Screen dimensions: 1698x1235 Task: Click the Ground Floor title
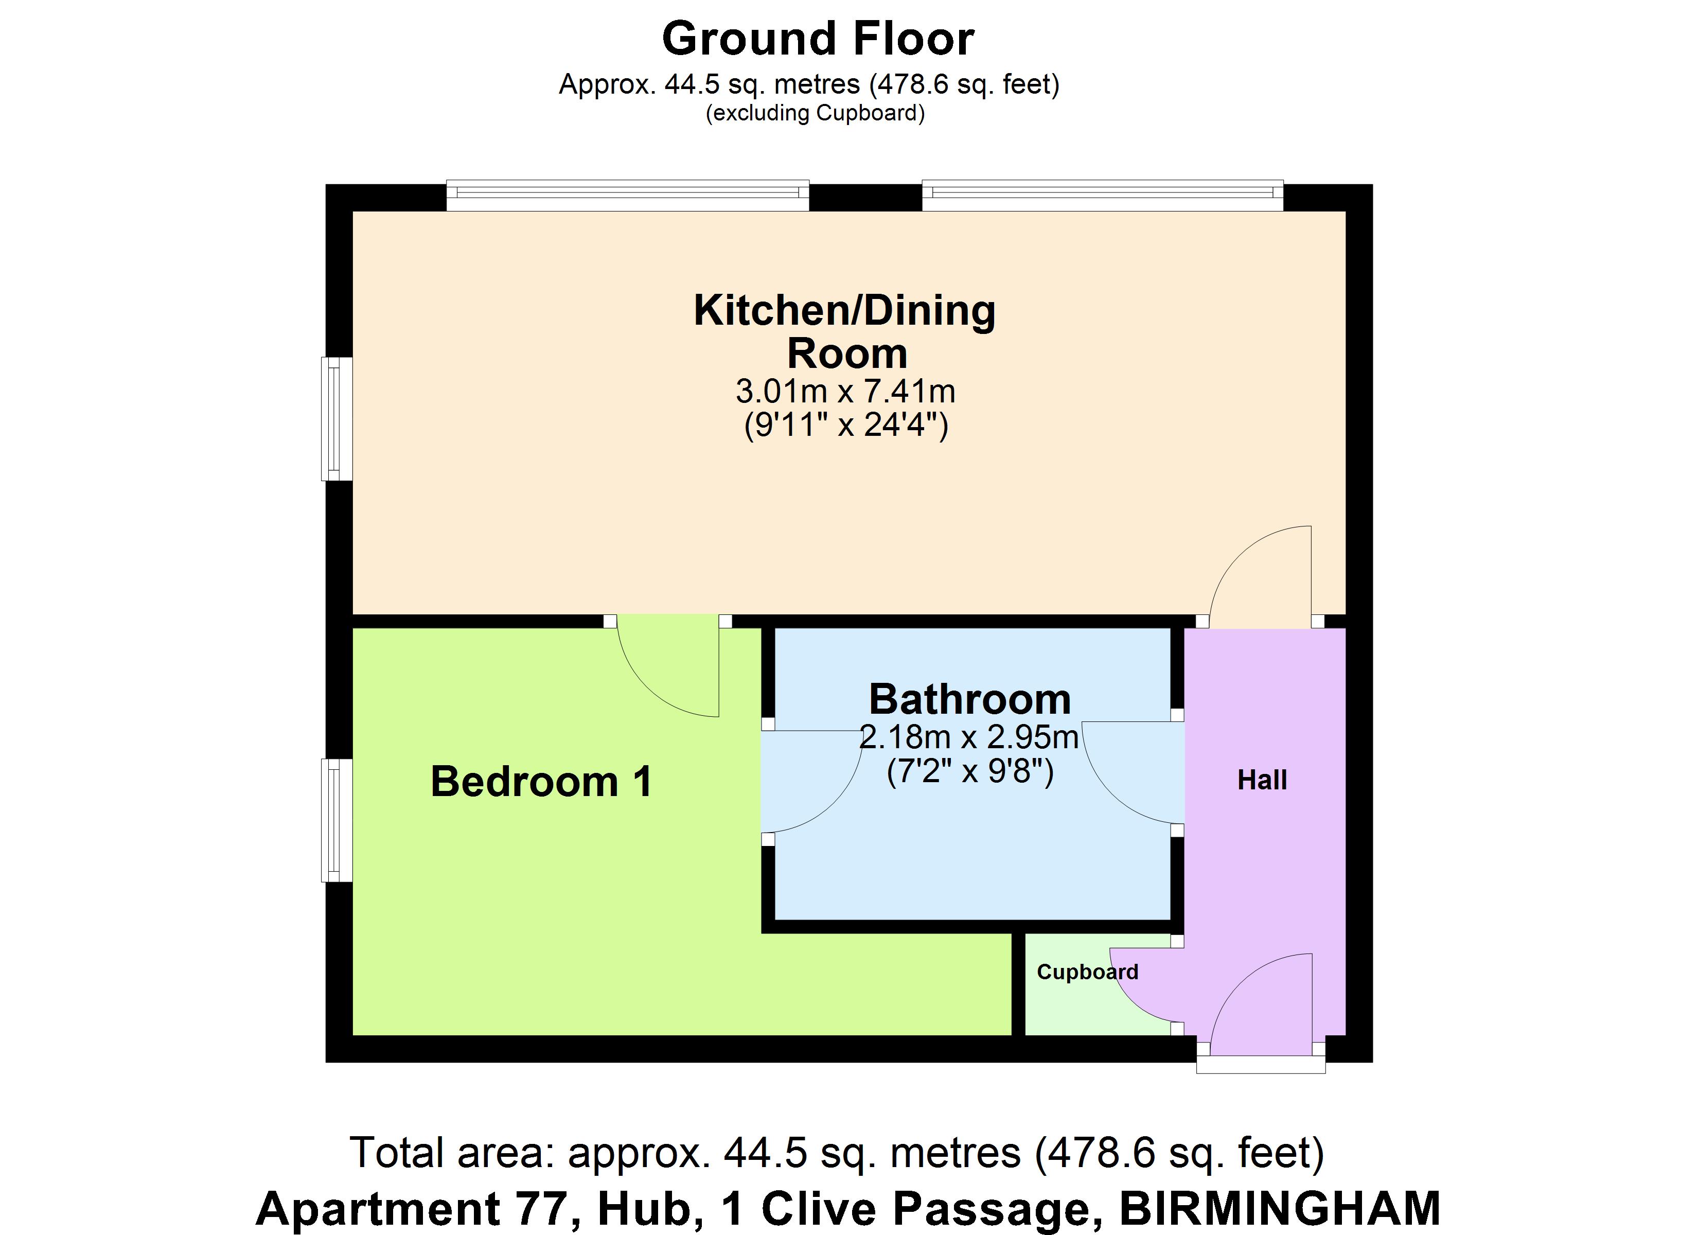coord(818,39)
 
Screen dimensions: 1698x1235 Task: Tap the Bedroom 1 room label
coord(541,782)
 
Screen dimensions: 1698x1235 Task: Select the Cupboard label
coord(1087,972)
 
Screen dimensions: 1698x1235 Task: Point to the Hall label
coord(1262,781)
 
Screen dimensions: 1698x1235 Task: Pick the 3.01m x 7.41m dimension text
coord(845,391)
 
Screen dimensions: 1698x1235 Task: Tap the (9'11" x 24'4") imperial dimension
coord(846,426)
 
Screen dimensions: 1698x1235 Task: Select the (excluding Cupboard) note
coord(816,113)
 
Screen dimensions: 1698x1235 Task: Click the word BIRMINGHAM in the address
coord(1280,1209)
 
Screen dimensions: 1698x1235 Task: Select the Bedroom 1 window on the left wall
coord(337,820)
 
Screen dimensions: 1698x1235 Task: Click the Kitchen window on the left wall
coord(337,419)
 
